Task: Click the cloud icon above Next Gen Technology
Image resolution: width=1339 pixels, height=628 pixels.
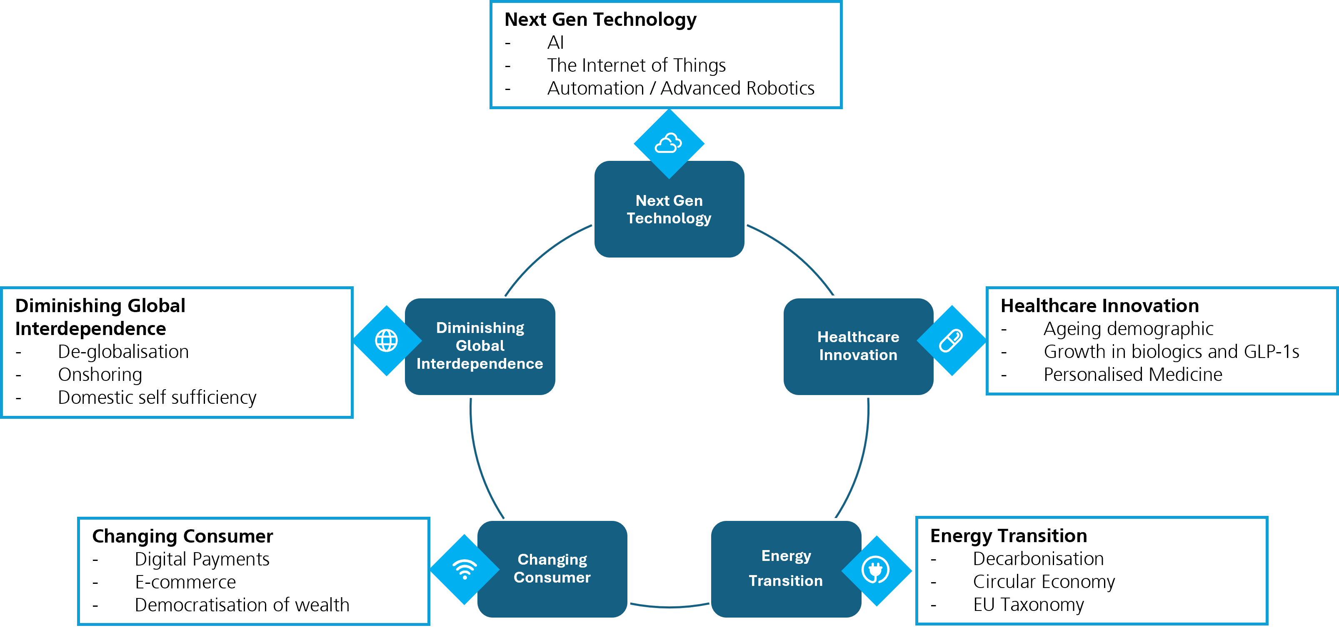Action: [669, 143]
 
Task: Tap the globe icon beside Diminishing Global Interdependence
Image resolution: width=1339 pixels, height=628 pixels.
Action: [386, 340]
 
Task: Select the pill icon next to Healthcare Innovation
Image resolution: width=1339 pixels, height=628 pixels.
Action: [951, 340]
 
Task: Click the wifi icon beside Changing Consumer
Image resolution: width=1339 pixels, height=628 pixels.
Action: [465, 569]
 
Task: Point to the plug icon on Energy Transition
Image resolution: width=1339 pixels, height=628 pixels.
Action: [876, 570]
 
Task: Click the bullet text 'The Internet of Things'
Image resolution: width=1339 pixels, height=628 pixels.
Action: [636, 65]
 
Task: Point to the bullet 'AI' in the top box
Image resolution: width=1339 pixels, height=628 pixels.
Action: [555, 43]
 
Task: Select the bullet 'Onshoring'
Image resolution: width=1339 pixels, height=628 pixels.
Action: [100, 374]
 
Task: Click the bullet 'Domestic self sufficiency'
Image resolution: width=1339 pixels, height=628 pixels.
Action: [157, 397]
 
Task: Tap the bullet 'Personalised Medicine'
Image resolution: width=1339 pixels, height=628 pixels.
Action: [1133, 374]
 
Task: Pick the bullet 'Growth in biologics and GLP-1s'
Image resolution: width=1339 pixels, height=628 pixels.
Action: [1171, 351]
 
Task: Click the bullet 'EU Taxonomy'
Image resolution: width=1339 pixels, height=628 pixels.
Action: [1028, 604]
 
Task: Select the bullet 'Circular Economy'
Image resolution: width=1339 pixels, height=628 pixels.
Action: [1044, 581]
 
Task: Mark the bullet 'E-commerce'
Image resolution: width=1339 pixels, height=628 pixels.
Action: [185, 582]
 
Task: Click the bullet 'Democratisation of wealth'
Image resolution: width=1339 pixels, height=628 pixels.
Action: [242, 605]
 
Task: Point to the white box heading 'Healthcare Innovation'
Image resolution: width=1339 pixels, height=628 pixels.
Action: [1099, 306]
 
